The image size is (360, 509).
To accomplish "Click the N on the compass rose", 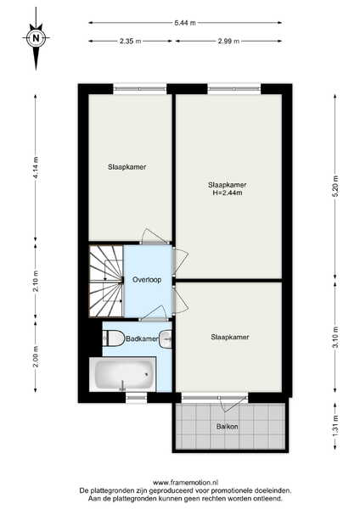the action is (36, 37).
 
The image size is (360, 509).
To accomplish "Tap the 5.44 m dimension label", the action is (185, 23).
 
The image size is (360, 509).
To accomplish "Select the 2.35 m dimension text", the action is (130, 42).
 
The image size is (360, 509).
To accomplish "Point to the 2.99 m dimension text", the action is (228, 42).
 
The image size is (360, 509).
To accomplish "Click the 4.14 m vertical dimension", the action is (36, 167).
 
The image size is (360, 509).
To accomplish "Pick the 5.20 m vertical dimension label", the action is (335, 186).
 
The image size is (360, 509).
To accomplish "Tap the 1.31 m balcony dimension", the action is (335, 426).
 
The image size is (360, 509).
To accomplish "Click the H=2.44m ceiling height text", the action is (228, 193).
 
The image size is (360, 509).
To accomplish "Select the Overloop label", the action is (147, 280).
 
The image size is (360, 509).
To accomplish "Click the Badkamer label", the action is (142, 338).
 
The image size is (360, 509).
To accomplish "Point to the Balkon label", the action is (227, 427).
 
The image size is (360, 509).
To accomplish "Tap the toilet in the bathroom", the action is (114, 338).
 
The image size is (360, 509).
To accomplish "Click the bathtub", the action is (123, 374).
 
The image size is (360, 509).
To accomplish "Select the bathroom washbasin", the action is (166, 338).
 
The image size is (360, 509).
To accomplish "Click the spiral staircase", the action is (106, 281).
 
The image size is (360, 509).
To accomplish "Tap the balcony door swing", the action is (233, 402).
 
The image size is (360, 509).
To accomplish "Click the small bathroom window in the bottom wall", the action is (136, 397).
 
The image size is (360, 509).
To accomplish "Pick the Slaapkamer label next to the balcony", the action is (230, 337).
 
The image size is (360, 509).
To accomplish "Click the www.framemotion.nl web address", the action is (186, 483).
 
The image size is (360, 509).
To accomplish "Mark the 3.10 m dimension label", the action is (335, 337).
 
